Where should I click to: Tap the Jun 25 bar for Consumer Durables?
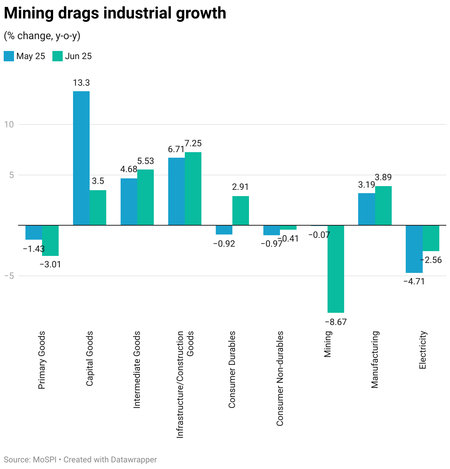pos(240,210)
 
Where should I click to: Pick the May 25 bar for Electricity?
pos(414,249)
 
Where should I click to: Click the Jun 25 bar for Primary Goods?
pos(50,240)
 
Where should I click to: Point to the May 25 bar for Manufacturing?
pos(367,209)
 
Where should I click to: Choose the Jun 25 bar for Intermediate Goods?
pos(145,197)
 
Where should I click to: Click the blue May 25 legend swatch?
pos(9,56)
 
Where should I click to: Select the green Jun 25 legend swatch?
pos(58,56)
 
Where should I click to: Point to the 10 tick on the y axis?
pos(9,124)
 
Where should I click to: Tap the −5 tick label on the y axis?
pos(9,276)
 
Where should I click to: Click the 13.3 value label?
pos(81,83)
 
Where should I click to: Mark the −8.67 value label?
pos(336,322)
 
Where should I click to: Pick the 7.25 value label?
pos(193,143)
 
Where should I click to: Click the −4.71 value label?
pos(414,281)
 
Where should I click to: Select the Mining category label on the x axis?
pos(328,344)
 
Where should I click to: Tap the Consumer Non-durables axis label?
pos(280,379)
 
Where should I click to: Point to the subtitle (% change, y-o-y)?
pos(42,36)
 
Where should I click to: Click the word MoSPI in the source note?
pos(45,460)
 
